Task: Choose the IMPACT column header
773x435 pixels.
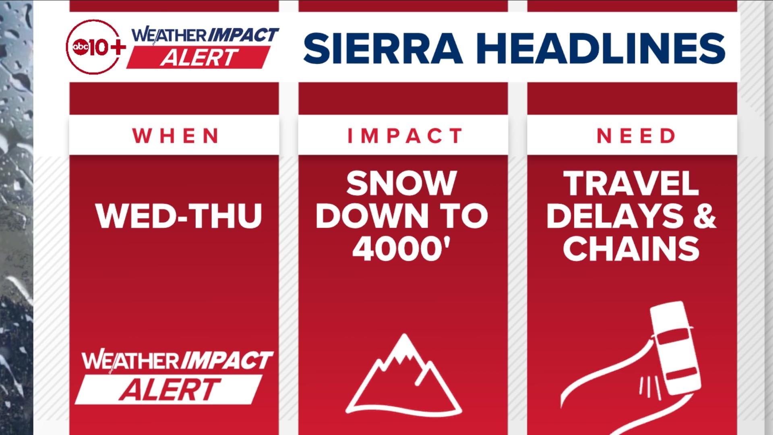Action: [x=405, y=136]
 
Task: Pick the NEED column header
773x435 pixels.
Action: [x=636, y=136]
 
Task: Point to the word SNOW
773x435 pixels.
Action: [x=401, y=184]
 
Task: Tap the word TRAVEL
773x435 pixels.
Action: [x=631, y=184]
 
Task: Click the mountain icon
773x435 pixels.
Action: [x=403, y=375]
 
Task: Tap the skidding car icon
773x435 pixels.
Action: [x=677, y=348]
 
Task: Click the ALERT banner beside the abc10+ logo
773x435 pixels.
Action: [x=198, y=58]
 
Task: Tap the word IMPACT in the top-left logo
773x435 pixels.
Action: [x=243, y=35]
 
